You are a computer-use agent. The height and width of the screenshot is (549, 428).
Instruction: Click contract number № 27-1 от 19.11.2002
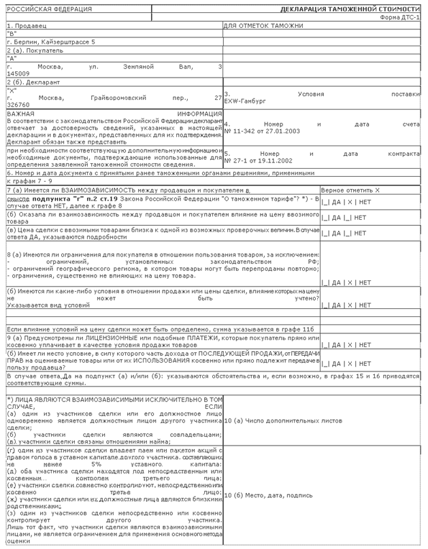[261, 162]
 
